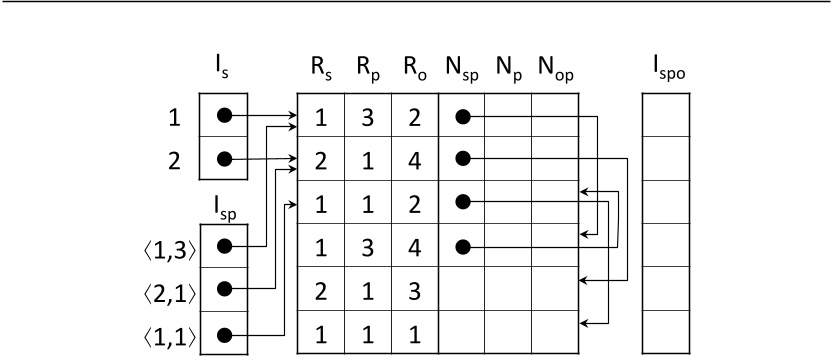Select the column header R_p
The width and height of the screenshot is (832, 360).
pyautogui.click(x=367, y=71)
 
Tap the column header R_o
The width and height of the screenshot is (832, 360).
pyautogui.click(x=414, y=71)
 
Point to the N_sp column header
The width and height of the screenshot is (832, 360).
pyautogui.click(x=461, y=71)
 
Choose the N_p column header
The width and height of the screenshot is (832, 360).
pyautogui.click(x=508, y=71)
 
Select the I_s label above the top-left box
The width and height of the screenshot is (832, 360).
pyautogui.click(x=225, y=71)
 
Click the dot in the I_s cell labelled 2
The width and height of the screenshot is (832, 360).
pyautogui.click(x=225, y=158)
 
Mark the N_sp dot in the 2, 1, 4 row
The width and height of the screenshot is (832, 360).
pyautogui.click(x=461, y=158)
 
